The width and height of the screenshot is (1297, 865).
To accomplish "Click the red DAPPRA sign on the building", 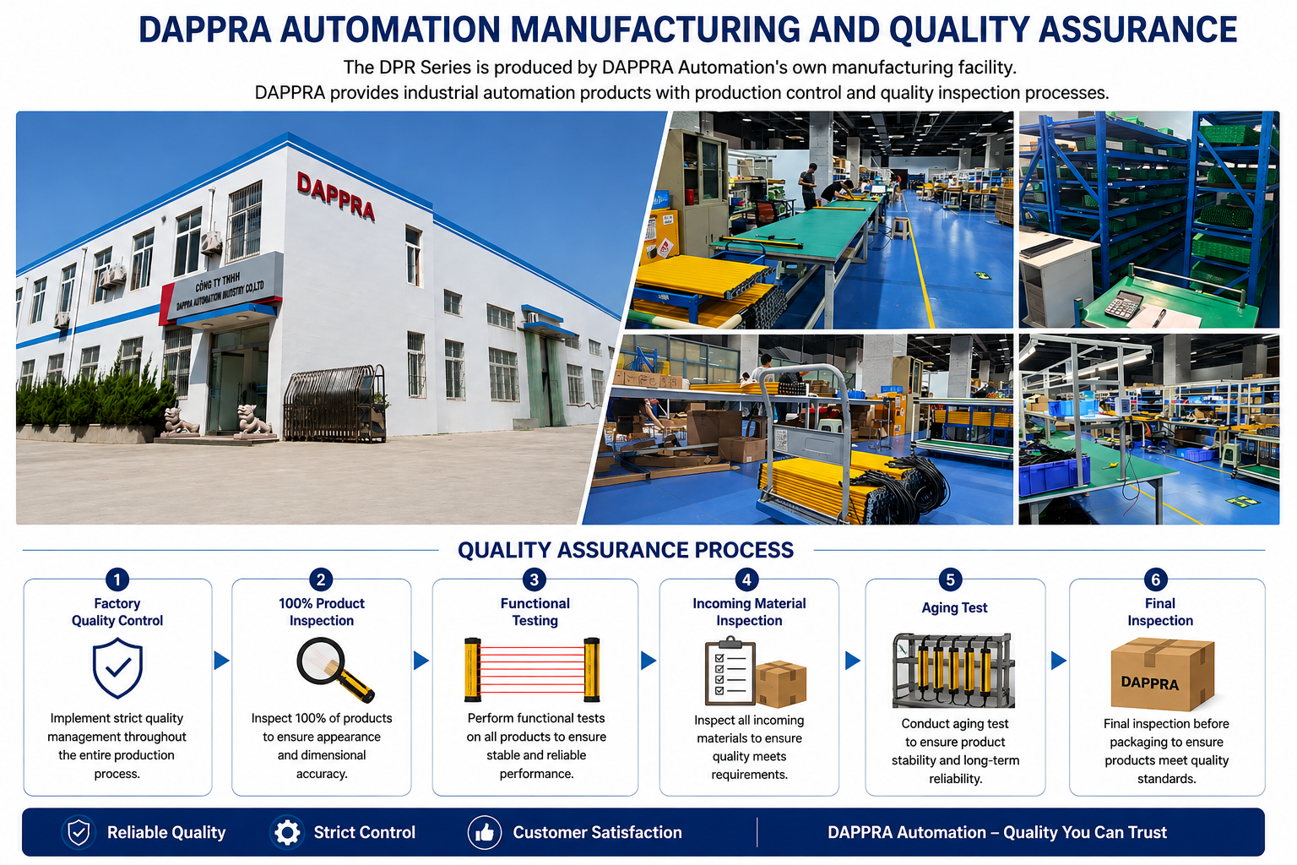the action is pos(336,196).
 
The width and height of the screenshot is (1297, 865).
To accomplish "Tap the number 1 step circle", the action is pos(117,579).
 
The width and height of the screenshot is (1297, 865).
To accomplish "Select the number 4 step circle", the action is pos(747,579).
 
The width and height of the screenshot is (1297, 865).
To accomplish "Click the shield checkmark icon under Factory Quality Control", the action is pos(117,668).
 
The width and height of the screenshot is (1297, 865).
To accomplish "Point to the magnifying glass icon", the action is pos(335,670).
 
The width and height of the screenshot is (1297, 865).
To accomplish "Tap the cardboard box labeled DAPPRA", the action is pos(1162,674).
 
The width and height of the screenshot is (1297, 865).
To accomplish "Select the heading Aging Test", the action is pos(954,607).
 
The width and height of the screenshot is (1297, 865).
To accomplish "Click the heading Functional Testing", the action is pos(535,612).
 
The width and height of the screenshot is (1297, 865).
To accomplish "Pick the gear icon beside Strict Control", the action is pos(287,833).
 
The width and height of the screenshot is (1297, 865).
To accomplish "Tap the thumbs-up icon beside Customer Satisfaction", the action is pos(485,833).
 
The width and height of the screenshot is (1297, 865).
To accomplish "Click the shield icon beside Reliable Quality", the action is pos(79,833).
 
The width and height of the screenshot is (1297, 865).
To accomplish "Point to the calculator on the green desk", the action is pos(1122,304).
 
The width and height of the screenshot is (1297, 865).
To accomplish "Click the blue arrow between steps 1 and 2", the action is pos(221,661).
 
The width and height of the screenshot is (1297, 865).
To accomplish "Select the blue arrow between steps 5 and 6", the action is pos(1058,661).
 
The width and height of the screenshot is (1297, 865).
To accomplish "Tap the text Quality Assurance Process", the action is pos(626,550).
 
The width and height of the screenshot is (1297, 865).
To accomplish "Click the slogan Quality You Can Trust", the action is pos(1085,833).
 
